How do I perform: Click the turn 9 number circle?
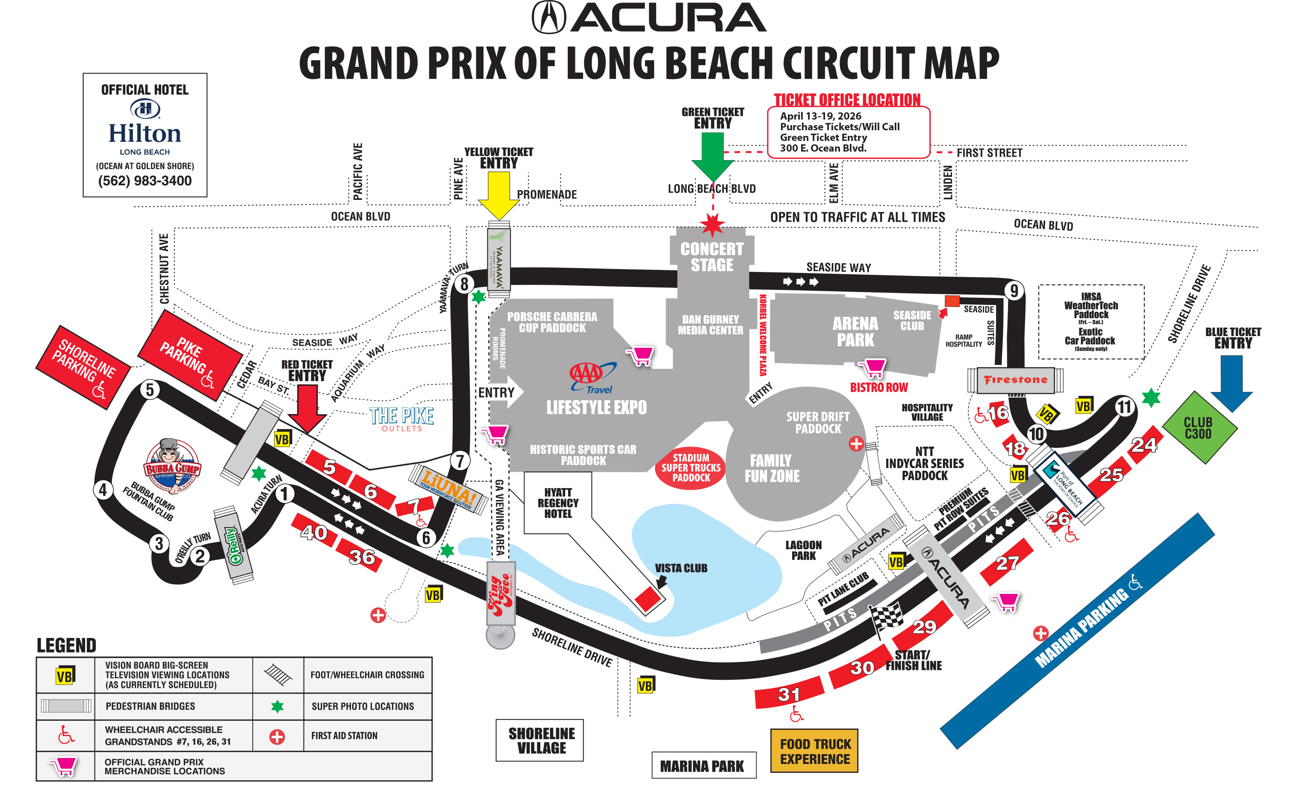[x=1014, y=290]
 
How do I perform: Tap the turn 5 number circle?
[x=150, y=390]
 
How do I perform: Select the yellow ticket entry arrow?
[x=498, y=195]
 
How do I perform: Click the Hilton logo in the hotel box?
[x=145, y=109]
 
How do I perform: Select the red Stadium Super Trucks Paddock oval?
[x=691, y=468]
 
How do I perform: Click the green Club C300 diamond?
[x=1199, y=427]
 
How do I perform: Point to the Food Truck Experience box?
[x=814, y=751]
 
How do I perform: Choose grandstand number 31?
[x=789, y=694]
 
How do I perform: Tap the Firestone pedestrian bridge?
[x=1015, y=380]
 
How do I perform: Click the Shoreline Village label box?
[x=539, y=740]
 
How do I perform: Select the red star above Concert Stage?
[x=713, y=225]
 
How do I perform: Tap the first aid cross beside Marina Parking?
[x=1040, y=633]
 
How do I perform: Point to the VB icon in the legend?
[x=65, y=675]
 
